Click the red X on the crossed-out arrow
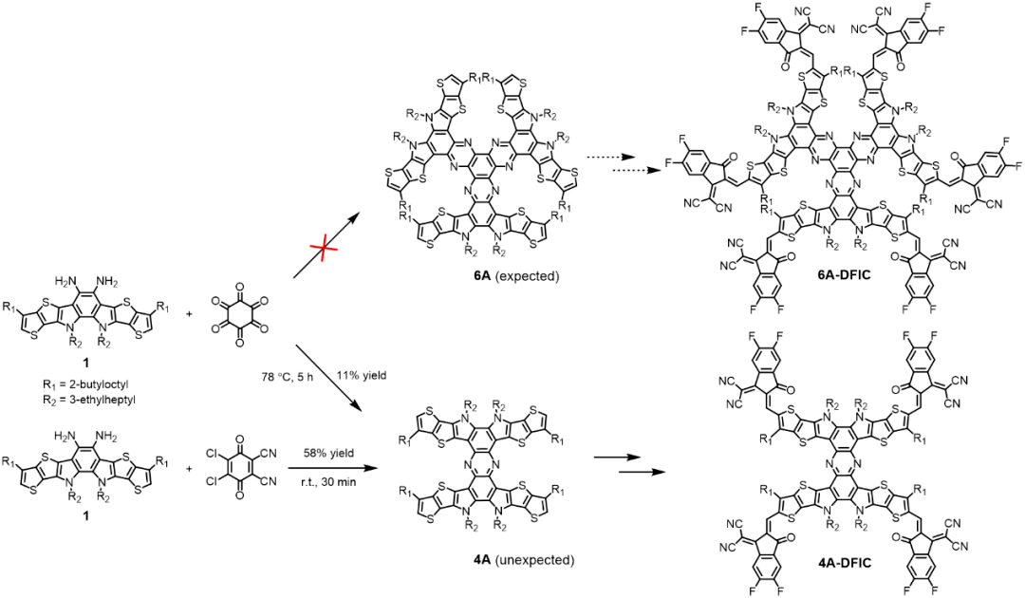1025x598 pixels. (x=325, y=250)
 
